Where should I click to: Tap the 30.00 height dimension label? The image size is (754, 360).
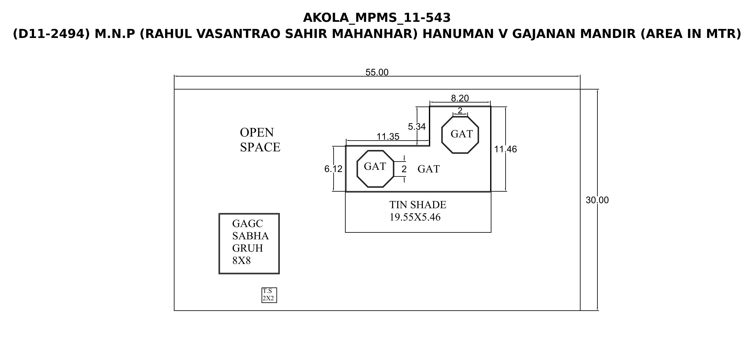click(597, 200)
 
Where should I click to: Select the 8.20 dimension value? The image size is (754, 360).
click(460, 98)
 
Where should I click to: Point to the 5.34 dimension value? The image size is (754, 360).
click(417, 127)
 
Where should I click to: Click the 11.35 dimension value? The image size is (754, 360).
click(388, 137)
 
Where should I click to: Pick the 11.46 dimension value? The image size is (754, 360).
click(505, 149)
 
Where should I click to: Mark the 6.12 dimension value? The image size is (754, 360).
click(333, 169)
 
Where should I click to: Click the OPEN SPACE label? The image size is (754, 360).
click(260, 140)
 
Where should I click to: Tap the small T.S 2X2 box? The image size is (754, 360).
click(269, 295)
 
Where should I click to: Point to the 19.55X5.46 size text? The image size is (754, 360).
click(415, 217)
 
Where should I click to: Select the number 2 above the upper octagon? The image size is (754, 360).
click(460, 110)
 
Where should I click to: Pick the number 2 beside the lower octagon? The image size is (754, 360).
click(404, 169)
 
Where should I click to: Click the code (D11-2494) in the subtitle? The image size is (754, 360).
click(52, 34)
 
